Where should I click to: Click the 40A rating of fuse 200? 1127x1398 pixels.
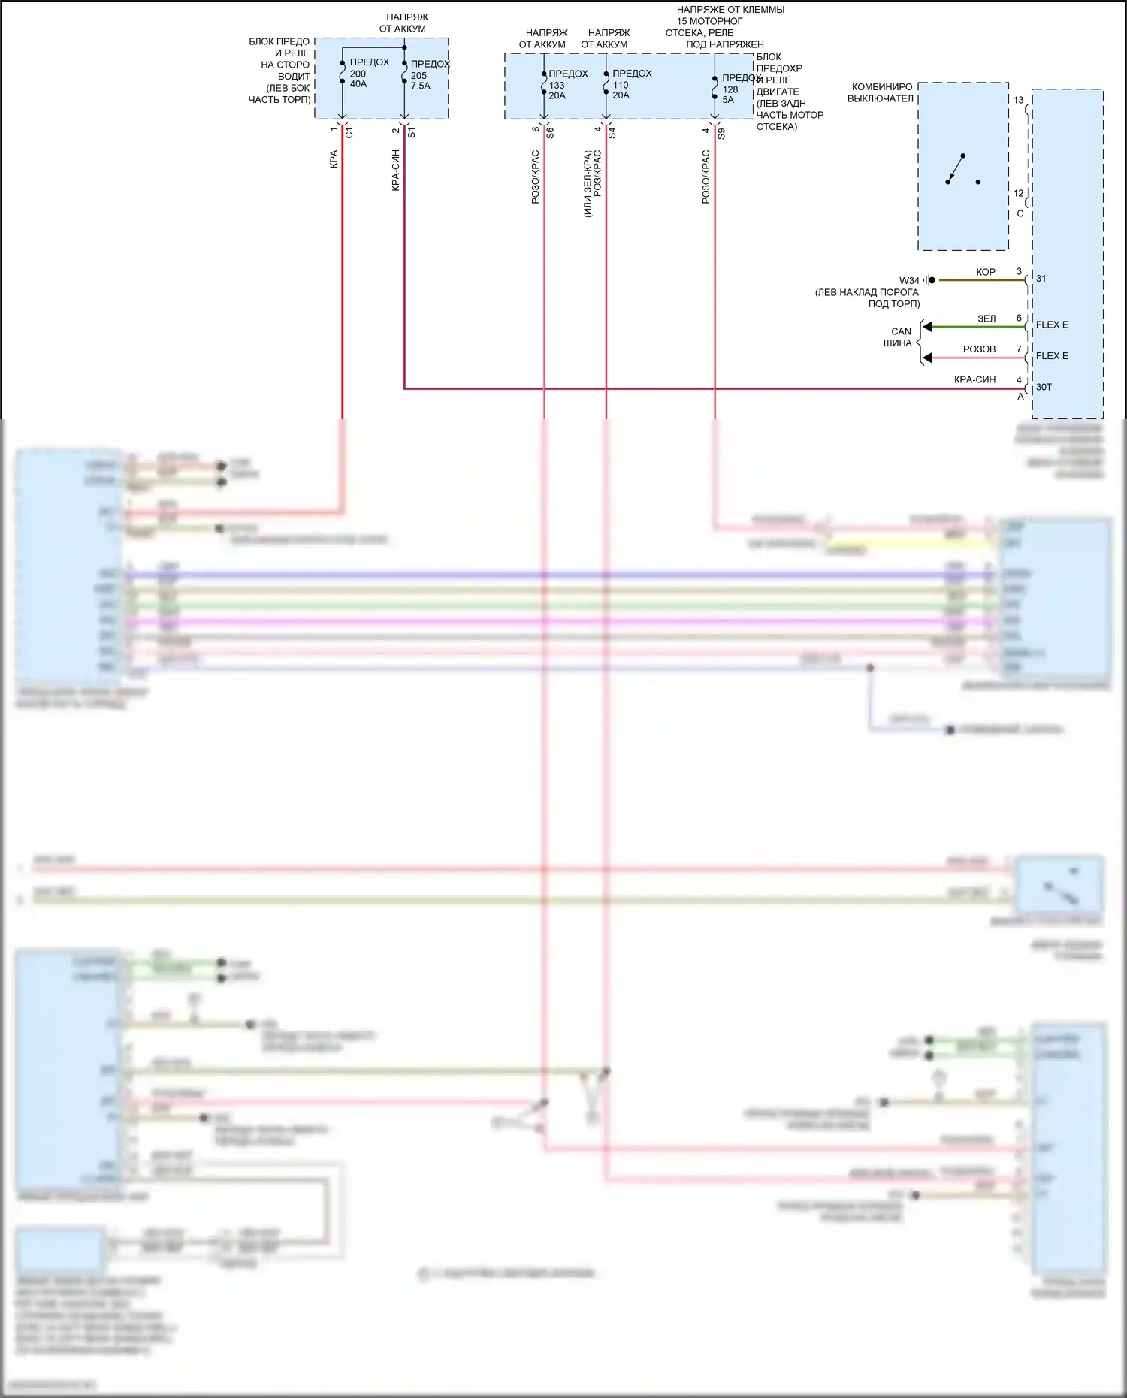tap(358, 84)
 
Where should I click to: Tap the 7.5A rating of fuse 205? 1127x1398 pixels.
tap(421, 86)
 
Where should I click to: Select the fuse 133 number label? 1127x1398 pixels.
tap(557, 85)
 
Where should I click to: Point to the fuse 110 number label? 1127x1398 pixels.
tap(621, 85)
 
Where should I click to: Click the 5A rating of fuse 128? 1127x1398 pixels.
tap(728, 100)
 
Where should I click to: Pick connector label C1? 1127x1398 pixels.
tap(349, 133)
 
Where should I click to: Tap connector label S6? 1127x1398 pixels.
tap(550, 133)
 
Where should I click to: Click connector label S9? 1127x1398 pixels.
tap(721, 134)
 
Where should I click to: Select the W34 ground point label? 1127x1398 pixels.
tap(909, 281)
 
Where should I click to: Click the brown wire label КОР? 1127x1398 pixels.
tap(986, 272)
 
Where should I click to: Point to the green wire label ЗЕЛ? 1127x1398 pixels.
tap(987, 319)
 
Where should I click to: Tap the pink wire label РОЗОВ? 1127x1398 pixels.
tap(979, 349)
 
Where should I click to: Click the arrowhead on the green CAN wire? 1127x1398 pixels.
tap(928, 327)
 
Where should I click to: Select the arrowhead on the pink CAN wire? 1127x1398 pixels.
tap(928, 358)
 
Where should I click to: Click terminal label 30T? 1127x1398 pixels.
tap(1044, 388)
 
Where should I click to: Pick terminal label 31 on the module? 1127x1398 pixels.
tap(1041, 279)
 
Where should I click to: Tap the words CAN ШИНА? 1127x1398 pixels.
tap(899, 337)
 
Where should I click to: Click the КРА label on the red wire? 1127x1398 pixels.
tap(334, 159)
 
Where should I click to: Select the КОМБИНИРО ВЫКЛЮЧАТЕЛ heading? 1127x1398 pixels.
tap(881, 92)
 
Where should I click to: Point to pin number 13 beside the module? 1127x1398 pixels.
tap(1019, 100)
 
